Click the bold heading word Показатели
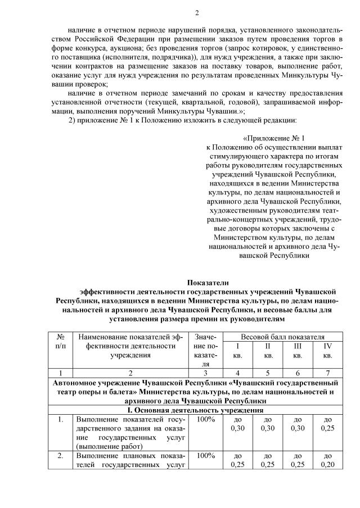point(209,283)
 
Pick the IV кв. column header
point(327,351)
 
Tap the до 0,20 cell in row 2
point(327,459)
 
